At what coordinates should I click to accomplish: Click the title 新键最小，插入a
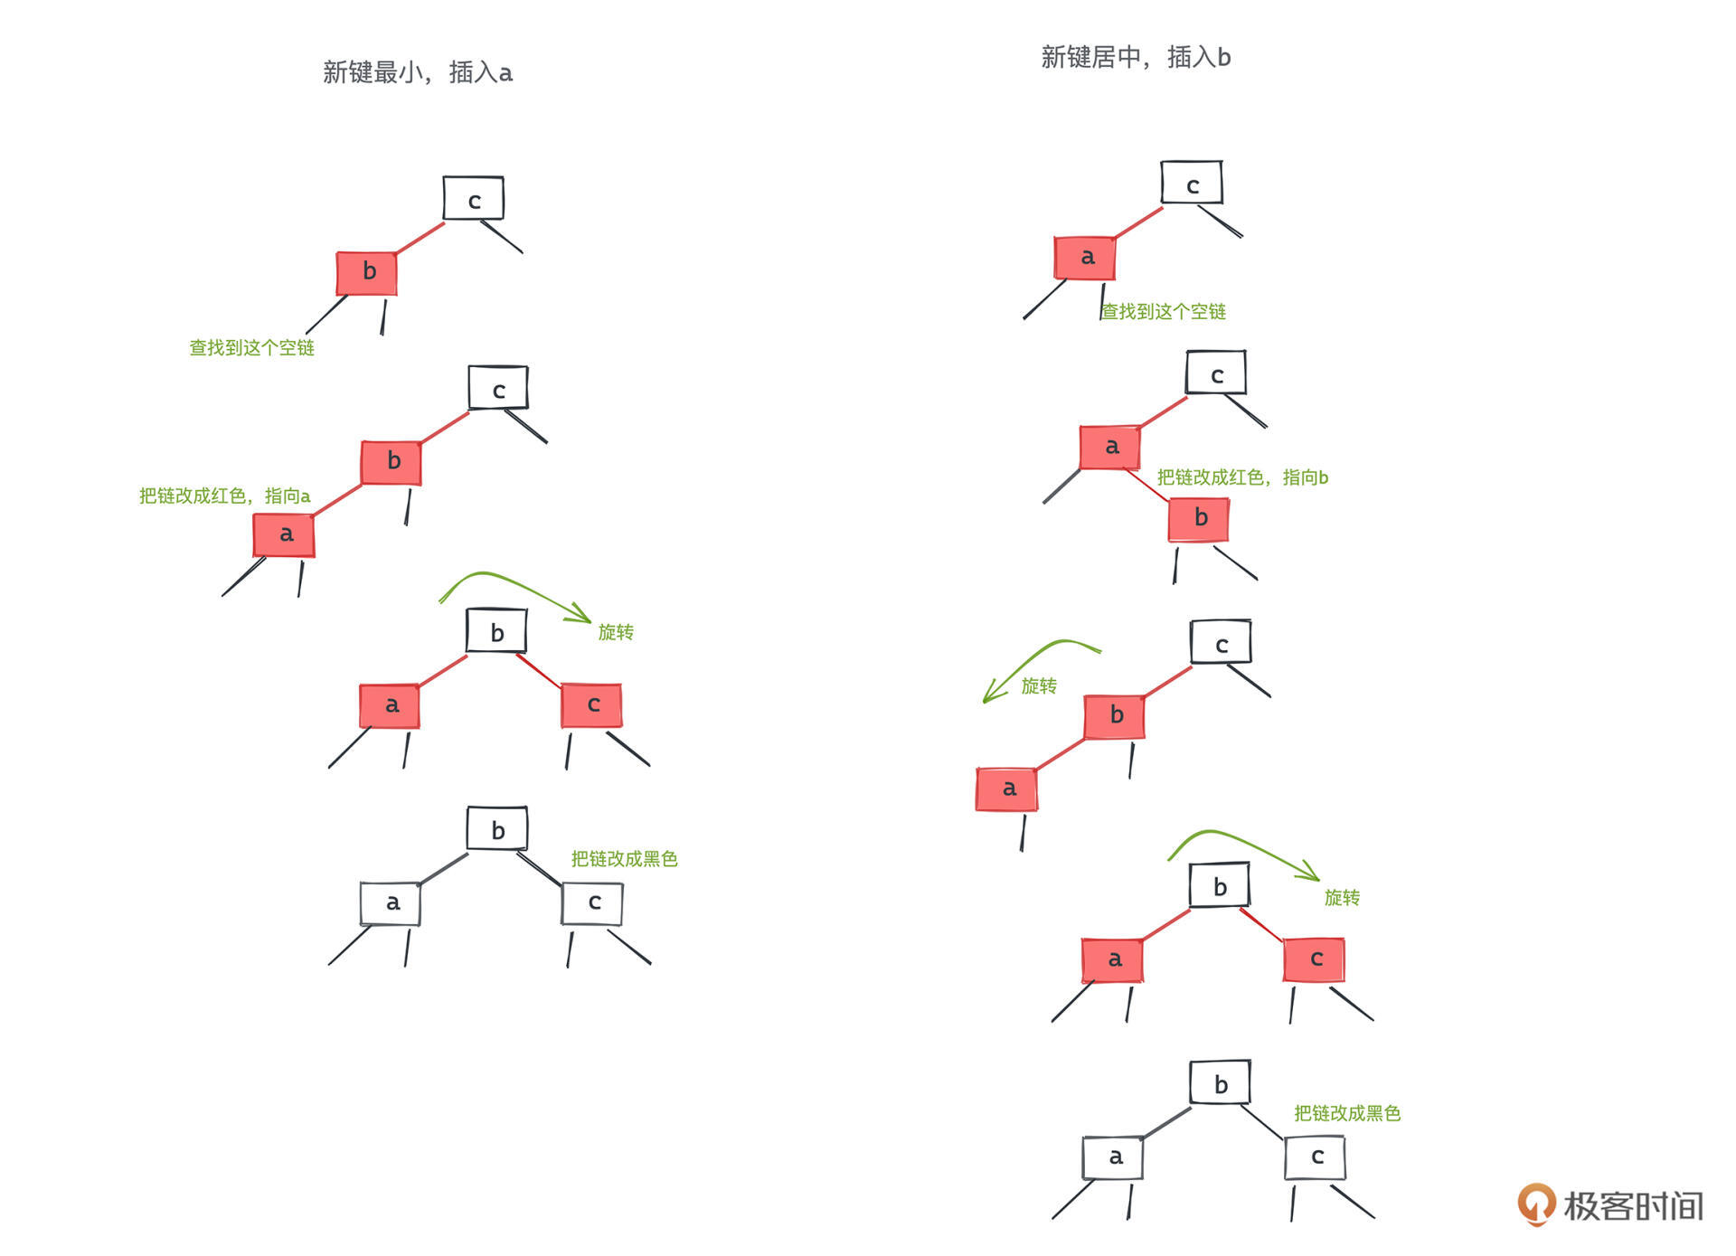pyautogui.click(x=418, y=72)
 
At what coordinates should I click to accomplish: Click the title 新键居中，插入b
pyautogui.click(x=1136, y=57)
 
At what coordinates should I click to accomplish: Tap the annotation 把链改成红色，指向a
pyautogui.click(x=224, y=496)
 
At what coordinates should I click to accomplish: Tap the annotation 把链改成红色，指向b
pyautogui.click(x=1242, y=477)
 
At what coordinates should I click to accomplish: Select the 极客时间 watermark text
pyautogui.click(x=1633, y=1206)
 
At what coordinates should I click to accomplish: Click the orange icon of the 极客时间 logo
pyautogui.click(x=1536, y=1204)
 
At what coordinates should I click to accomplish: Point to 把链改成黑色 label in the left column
pyautogui.click(x=624, y=858)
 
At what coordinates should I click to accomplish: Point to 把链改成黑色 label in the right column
pyautogui.click(x=1347, y=1113)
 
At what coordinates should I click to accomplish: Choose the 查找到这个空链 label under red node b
pyautogui.click(x=251, y=348)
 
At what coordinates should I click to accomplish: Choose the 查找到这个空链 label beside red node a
pyautogui.click(x=1164, y=312)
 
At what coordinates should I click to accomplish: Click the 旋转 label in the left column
pyautogui.click(x=616, y=632)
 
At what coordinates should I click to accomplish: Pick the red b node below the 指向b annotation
pyautogui.click(x=1199, y=518)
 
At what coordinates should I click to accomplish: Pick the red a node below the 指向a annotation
pyautogui.click(x=284, y=534)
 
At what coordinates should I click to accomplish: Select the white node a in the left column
pyautogui.click(x=391, y=903)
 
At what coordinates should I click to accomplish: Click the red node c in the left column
pyautogui.click(x=591, y=705)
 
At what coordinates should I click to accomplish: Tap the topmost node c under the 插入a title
pyautogui.click(x=473, y=198)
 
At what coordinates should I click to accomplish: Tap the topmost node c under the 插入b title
pyautogui.click(x=1192, y=183)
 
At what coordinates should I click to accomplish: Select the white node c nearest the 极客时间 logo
pyautogui.click(x=1316, y=1157)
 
